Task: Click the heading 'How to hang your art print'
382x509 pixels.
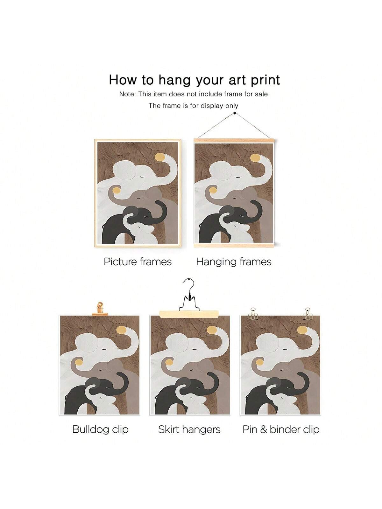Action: [x=195, y=80]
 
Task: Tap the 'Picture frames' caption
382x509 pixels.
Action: [x=138, y=262]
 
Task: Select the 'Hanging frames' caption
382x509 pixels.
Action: [x=234, y=262]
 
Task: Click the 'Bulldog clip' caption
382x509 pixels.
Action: [x=100, y=429]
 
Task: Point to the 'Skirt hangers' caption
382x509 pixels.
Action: [x=189, y=429]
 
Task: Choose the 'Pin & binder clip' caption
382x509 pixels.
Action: [x=281, y=429]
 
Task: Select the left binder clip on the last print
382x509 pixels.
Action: [x=252, y=313]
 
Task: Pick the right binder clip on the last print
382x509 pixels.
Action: [x=307, y=313]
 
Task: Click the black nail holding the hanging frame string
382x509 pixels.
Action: [x=235, y=113]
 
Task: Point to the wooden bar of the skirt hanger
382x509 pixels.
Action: [x=189, y=314]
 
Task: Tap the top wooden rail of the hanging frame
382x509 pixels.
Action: [x=234, y=141]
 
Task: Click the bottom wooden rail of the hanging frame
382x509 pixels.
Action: [x=234, y=245]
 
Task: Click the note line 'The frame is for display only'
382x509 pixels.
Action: [x=194, y=106]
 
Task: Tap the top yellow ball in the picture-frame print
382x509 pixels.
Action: [x=160, y=157]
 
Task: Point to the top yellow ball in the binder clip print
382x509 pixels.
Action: [x=302, y=330]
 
